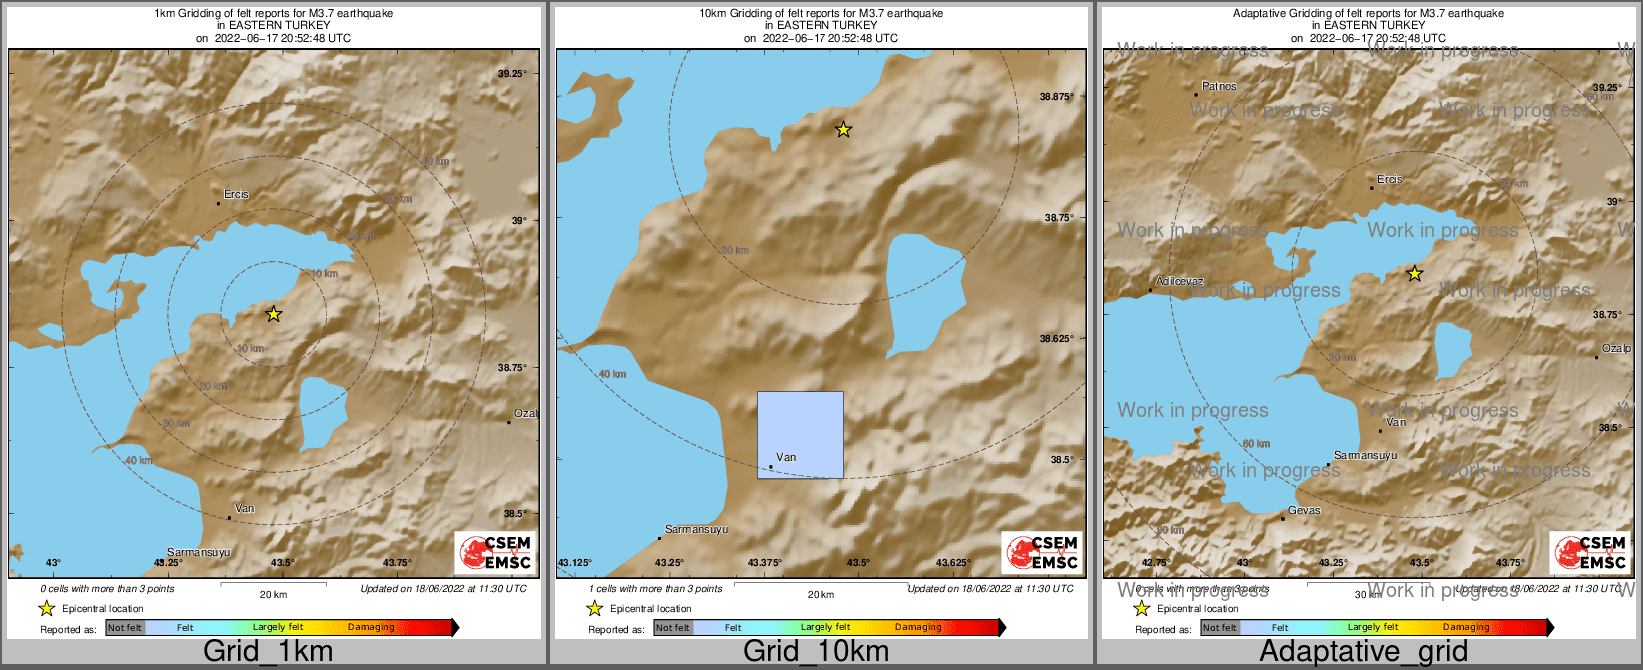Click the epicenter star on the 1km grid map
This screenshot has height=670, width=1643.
pyautogui.click(x=274, y=314)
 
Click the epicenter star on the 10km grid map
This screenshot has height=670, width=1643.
pyautogui.click(x=843, y=129)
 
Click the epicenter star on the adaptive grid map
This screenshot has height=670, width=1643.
pyautogui.click(x=1414, y=273)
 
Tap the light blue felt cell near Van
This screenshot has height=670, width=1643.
pyautogui.click(x=801, y=434)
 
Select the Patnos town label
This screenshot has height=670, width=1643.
pyautogui.click(x=1219, y=87)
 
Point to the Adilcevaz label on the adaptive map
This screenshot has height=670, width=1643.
pyautogui.click(x=1180, y=282)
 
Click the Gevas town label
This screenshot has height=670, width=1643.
pyautogui.click(x=1304, y=511)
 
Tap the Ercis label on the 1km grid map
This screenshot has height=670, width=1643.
pyautogui.click(x=236, y=195)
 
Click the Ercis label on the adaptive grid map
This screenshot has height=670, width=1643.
pyautogui.click(x=1390, y=180)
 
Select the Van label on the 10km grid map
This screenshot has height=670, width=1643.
pyautogui.click(x=786, y=458)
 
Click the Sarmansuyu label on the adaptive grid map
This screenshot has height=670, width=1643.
pyautogui.click(x=1365, y=456)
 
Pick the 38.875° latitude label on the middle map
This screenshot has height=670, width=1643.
pyautogui.click(x=1056, y=97)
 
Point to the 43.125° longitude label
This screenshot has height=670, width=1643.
pyautogui.click(x=574, y=563)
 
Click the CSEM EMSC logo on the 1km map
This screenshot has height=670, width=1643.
pyautogui.click(x=496, y=553)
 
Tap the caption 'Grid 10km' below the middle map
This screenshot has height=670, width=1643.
pyautogui.click(x=816, y=651)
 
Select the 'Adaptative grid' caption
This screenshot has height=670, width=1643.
pyautogui.click(x=1363, y=651)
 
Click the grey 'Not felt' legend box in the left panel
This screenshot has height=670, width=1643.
pyautogui.click(x=125, y=628)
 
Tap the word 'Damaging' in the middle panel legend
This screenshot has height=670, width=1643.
pyautogui.click(x=918, y=628)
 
